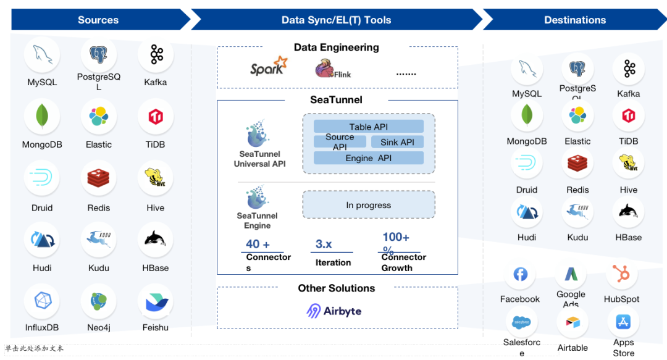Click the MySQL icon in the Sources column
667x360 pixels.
(x=42, y=55)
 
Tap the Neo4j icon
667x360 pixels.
(x=98, y=301)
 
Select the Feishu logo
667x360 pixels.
(x=155, y=301)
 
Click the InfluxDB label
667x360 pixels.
(x=42, y=327)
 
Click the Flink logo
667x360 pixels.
(x=333, y=69)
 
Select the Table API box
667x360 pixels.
(x=369, y=127)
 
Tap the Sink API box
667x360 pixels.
(x=397, y=142)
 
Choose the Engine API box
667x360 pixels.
(x=369, y=158)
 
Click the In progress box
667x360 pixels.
(x=369, y=205)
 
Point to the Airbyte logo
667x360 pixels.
(x=334, y=311)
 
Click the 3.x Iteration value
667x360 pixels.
(x=324, y=244)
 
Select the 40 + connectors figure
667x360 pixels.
(x=258, y=244)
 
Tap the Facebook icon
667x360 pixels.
(x=520, y=274)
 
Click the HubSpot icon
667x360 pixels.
(x=621, y=274)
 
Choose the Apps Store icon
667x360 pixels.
(x=623, y=321)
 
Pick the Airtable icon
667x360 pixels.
(x=573, y=322)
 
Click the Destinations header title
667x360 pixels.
(x=575, y=20)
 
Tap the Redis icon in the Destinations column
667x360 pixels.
(x=577, y=164)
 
